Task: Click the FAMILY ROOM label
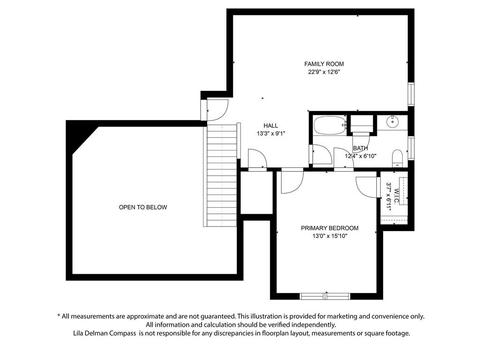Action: pyautogui.click(x=324, y=64)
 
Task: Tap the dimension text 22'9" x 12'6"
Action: pyautogui.click(x=324, y=72)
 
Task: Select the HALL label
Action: pyautogui.click(x=270, y=126)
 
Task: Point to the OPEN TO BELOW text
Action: pyautogui.click(x=143, y=207)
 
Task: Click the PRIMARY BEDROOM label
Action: pyautogui.click(x=330, y=228)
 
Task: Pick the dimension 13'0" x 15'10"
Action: pyautogui.click(x=330, y=236)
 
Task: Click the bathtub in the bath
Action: pyautogui.click(x=329, y=125)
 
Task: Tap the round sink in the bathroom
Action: pyautogui.click(x=392, y=121)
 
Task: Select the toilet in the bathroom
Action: pyautogui.click(x=397, y=158)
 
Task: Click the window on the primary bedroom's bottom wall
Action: pyautogui.click(x=325, y=296)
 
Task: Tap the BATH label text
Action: pyautogui.click(x=360, y=148)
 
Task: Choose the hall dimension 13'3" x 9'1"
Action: pyautogui.click(x=270, y=134)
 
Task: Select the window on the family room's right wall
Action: pyautogui.click(x=411, y=94)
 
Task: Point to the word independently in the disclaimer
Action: pyautogui.click(x=317, y=324)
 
